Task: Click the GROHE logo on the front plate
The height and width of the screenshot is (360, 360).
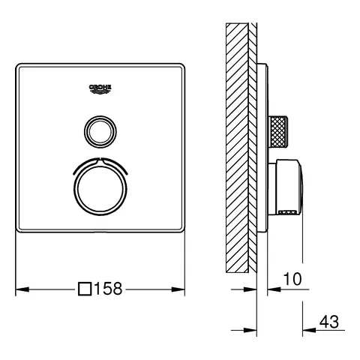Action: [100, 90]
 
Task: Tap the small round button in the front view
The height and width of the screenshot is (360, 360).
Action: [100, 132]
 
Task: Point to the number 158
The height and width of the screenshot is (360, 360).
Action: [108, 288]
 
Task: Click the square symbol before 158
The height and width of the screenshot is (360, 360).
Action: [85, 288]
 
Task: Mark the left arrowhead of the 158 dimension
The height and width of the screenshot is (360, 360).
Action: [19, 288]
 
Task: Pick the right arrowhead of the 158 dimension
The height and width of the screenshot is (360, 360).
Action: [181, 288]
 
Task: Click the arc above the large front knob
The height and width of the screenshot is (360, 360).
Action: [100, 163]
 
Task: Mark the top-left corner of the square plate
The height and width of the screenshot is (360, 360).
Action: [18, 65]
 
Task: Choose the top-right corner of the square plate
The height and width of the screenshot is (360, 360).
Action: [182, 65]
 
